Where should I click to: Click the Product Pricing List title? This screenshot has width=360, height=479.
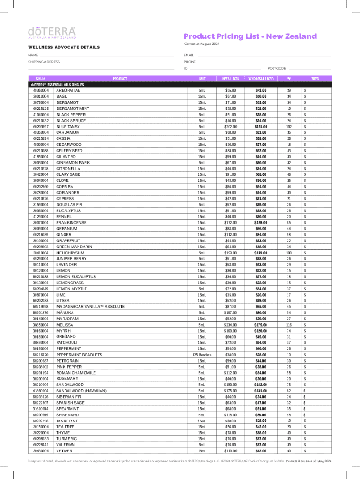(x=250, y=36)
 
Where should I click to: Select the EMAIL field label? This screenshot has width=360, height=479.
(x=188, y=55)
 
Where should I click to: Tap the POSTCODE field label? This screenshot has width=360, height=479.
(x=276, y=68)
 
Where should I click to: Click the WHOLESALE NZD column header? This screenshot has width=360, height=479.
(x=261, y=79)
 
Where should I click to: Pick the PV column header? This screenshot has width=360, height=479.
(x=289, y=79)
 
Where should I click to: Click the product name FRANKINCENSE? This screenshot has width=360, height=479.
(x=71, y=223)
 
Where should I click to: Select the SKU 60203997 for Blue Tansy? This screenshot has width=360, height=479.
(x=40, y=126)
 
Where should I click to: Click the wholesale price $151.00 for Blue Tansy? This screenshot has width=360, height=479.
(x=261, y=126)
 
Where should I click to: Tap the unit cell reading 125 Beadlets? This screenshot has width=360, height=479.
(x=202, y=355)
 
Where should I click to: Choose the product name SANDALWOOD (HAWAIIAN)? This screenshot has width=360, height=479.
(x=81, y=391)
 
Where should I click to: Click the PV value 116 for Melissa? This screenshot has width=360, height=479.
(x=289, y=325)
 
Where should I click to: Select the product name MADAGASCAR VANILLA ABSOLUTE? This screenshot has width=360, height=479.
(x=90, y=307)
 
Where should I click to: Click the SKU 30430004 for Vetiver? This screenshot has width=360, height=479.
(x=40, y=451)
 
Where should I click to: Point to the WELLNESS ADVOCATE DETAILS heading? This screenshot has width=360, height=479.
(x=64, y=47)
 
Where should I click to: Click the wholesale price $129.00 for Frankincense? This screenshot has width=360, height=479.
(x=261, y=223)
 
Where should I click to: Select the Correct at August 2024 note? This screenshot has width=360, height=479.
(x=201, y=44)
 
